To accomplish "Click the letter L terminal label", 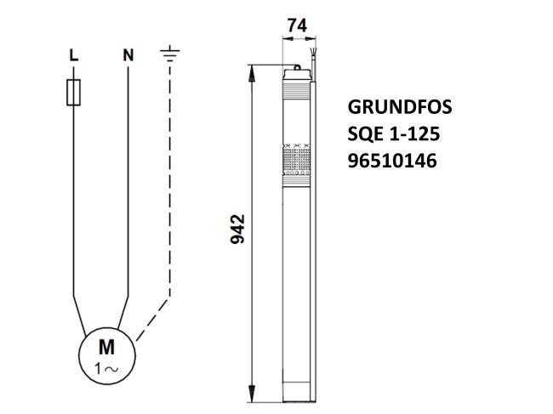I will (x=74, y=55).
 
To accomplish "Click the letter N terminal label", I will (x=128, y=55).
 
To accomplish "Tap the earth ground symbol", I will (x=170, y=55).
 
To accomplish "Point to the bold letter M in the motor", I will (x=106, y=347).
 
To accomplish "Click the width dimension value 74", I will (x=296, y=27).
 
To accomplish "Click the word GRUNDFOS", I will (x=401, y=109).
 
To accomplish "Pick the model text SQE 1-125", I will (x=393, y=133).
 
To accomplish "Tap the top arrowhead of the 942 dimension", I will (x=253, y=71).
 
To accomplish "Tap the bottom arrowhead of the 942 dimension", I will (x=253, y=396).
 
